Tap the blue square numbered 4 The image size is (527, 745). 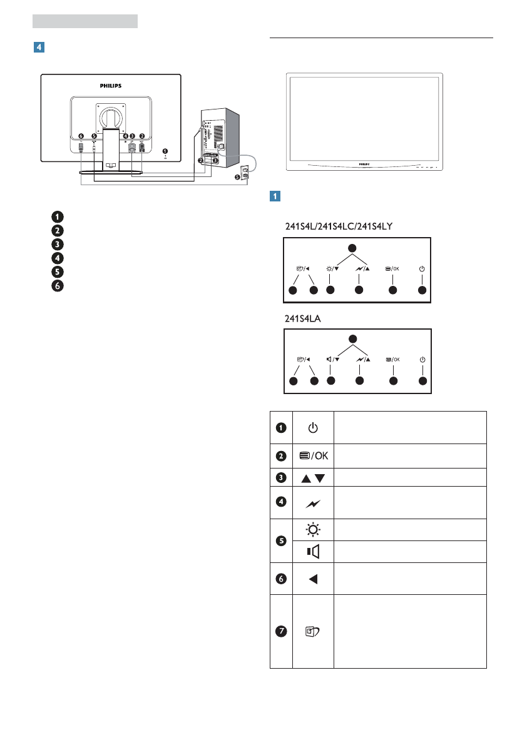point(39,48)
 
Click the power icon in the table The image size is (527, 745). point(313,428)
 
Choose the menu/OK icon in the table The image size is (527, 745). point(313,456)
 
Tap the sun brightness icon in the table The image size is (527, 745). point(313,529)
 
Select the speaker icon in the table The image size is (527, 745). point(313,551)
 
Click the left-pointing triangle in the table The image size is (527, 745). point(313,579)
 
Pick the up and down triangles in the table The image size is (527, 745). point(313,478)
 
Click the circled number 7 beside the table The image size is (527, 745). point(281,632)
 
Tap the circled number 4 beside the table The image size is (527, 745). point(281,502)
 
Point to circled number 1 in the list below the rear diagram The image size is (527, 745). point(57,217)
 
